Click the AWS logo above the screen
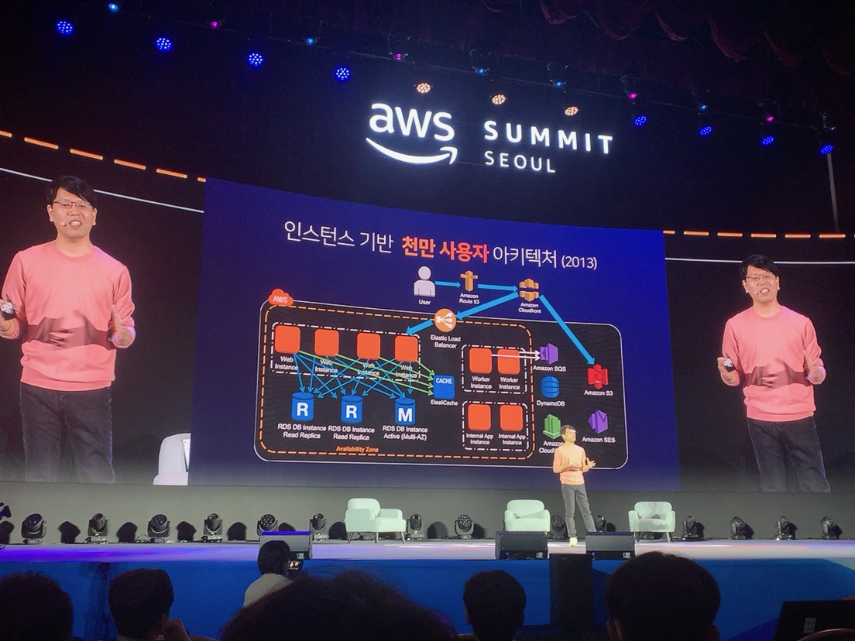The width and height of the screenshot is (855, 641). coord(410,132)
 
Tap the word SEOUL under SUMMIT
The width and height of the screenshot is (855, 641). coord(520,163)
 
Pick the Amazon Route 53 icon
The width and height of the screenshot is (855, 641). coord(469,282)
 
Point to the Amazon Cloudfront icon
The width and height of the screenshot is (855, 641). coord(528,290)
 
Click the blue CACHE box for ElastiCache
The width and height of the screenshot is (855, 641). coord(444,382)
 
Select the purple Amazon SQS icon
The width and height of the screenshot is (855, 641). coord(549,353)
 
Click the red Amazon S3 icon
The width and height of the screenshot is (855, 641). coord(597,376)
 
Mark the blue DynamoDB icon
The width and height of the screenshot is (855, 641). coord(550,386)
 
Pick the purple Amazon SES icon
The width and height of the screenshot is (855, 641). coord(598,422)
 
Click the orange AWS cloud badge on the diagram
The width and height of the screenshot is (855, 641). coord(280,298)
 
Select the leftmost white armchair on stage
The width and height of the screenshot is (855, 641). coord(373,517)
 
